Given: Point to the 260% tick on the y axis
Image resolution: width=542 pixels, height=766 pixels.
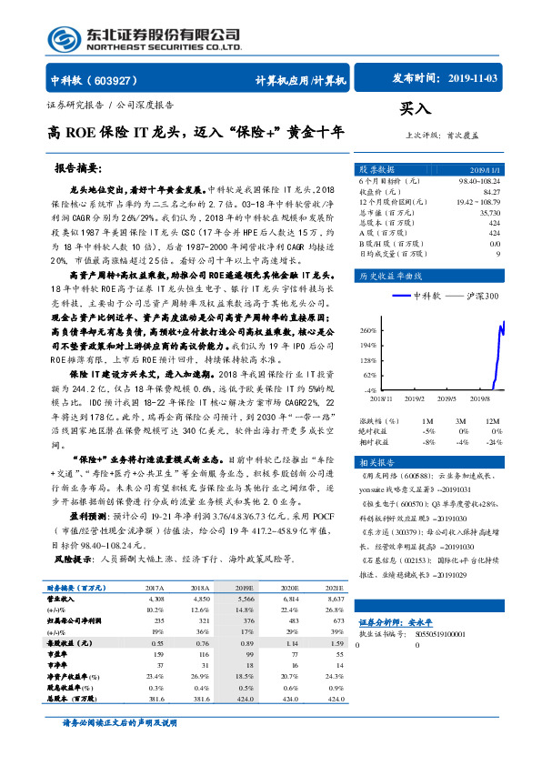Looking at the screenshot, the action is coord(369,329).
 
